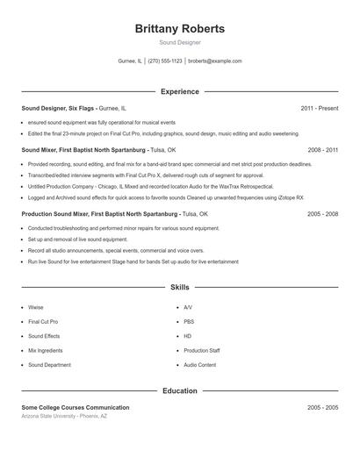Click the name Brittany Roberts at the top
click(x=180, y=28)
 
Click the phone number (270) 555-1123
click(x=165, y=61)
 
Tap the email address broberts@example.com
click(x=215, y=61)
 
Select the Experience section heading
click(x=180, y=91)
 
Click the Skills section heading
click(x=180, y=287)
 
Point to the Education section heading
click(x=180, y=390)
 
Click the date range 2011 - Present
click(x=320, y=108)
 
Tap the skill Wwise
click(x=35, y=308)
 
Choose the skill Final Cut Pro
click(x=43, y=322)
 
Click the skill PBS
click(x=188, y=322)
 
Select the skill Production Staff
click(x=201, y=350)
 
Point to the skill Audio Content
click(x=199, y=364)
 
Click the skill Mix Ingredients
click(x=45, y=350)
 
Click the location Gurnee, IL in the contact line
click(x=130, y=61)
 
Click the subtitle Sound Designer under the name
click(x=180, y=42)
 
